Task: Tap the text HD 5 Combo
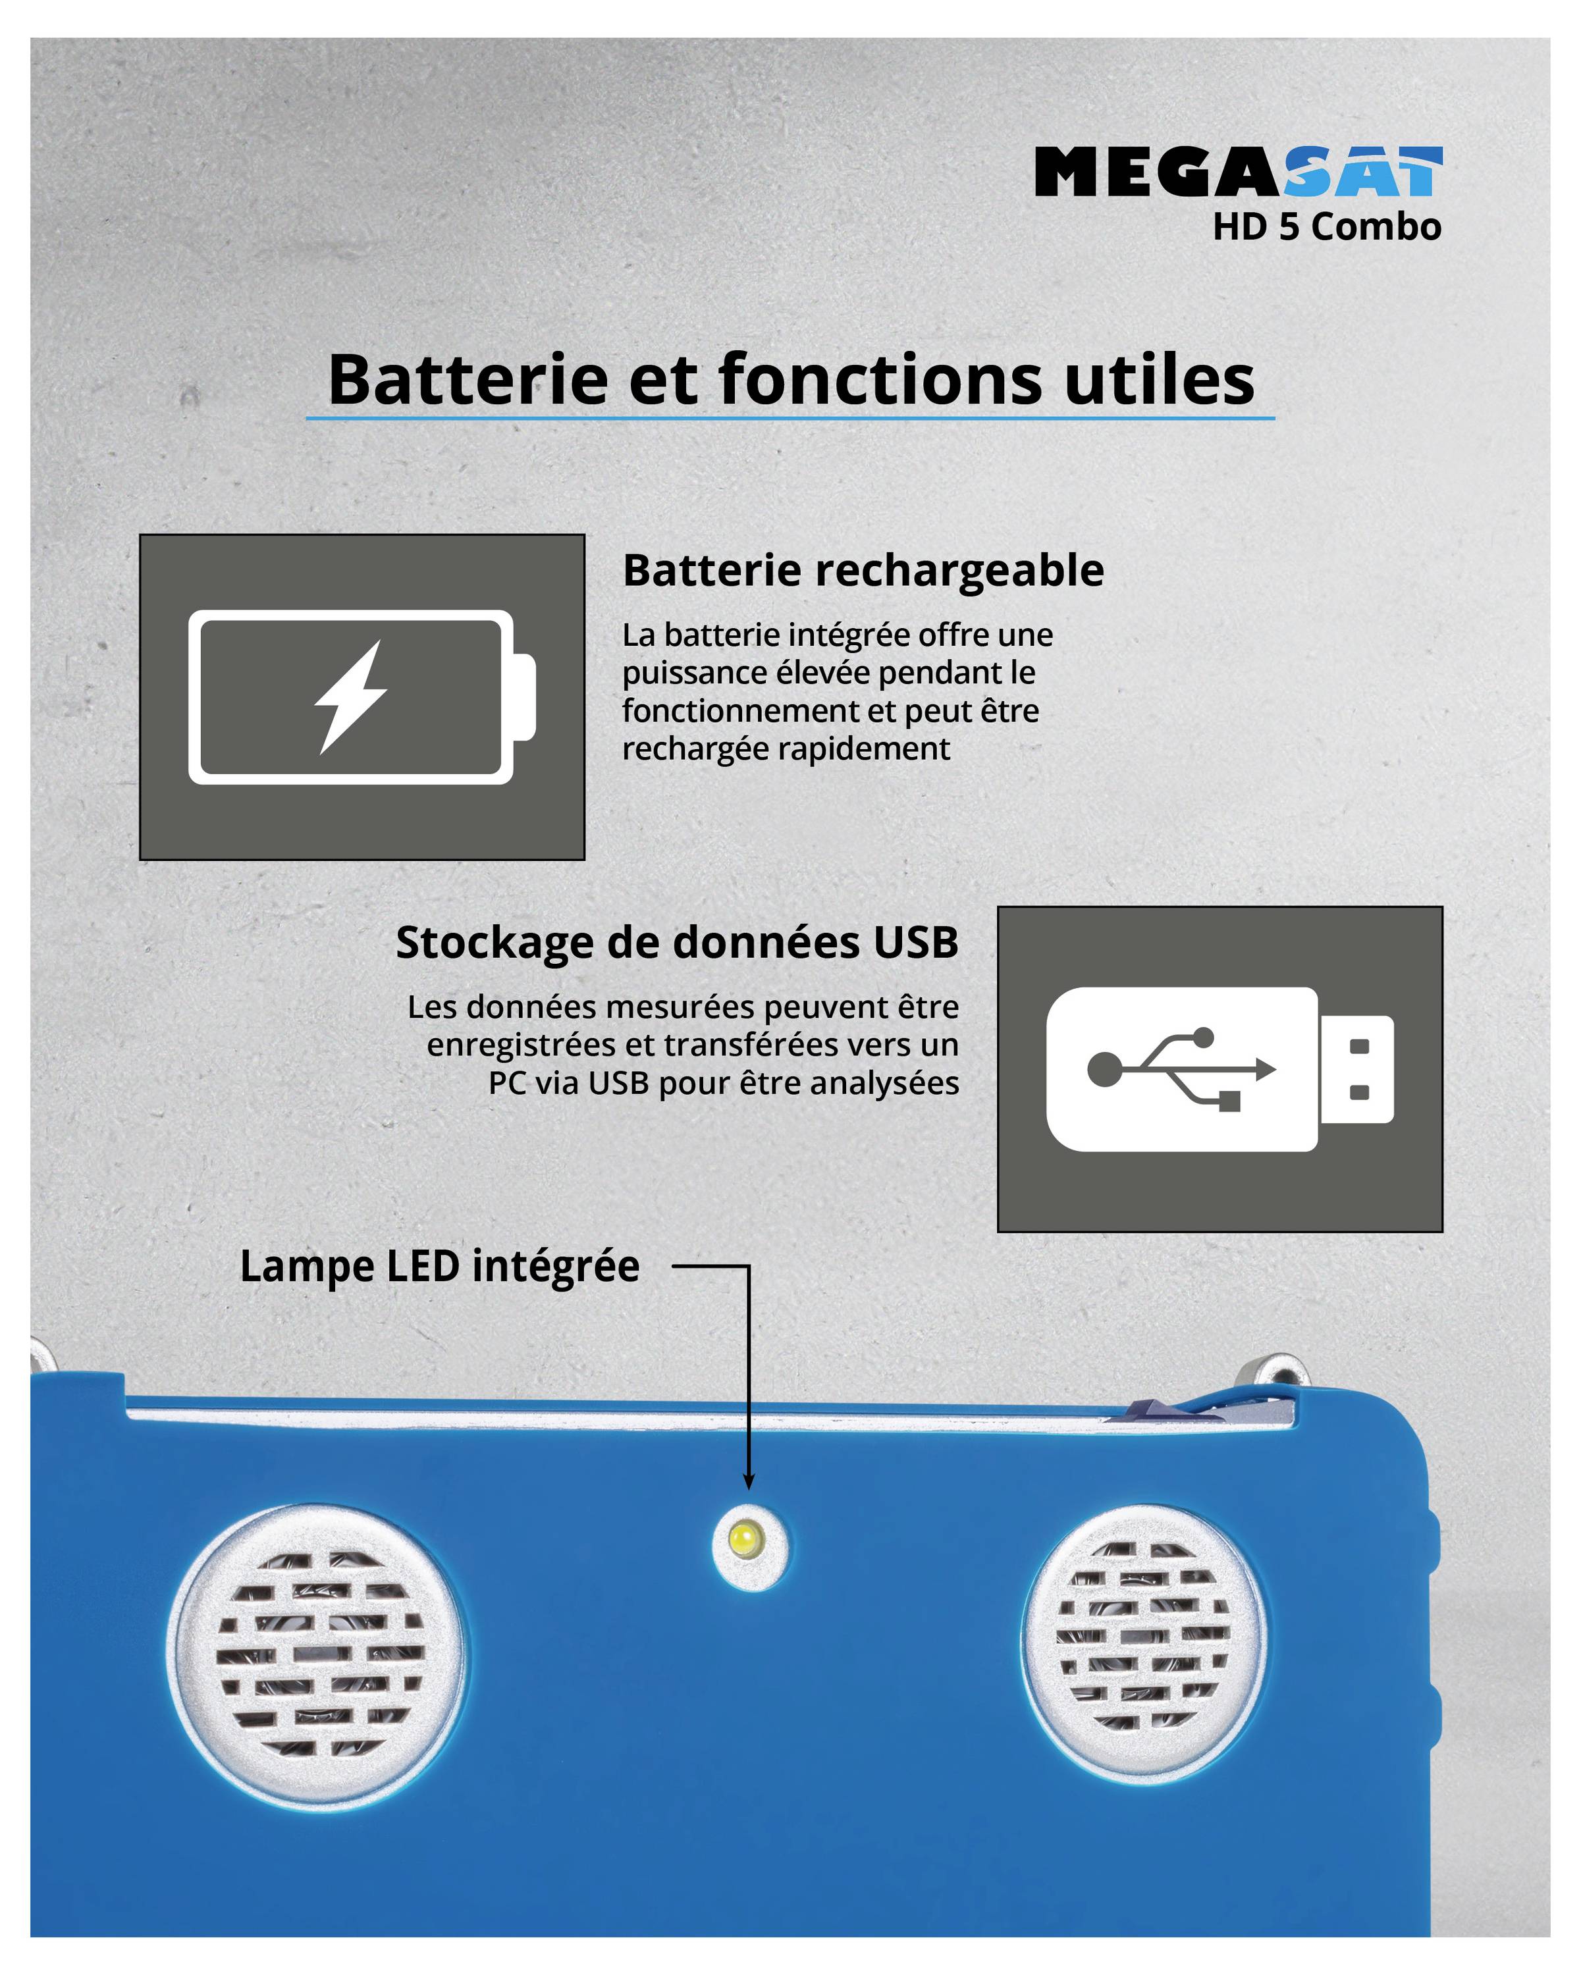[1326, 227]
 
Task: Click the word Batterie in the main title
[467, 379]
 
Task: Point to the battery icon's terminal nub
[524, 697]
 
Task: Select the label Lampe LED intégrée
[440, 1267]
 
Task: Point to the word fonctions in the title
[879, 379]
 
